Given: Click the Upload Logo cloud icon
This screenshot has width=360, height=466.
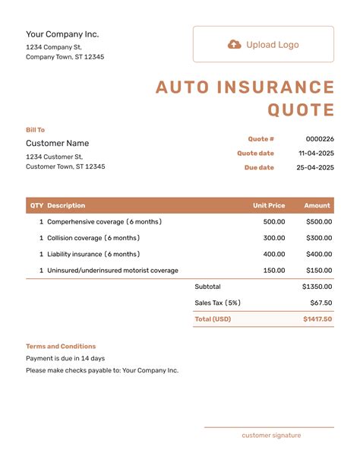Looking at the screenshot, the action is click(235, 45).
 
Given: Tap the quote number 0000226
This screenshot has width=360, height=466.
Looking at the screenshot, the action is click(320, 139).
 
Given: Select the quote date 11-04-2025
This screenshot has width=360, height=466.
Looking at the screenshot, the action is click(316, 154).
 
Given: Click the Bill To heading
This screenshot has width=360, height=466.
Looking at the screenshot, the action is click(36, 130).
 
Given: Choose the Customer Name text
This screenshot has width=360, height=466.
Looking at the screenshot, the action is click(58, 143).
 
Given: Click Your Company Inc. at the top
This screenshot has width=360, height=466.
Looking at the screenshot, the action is click(62, 34).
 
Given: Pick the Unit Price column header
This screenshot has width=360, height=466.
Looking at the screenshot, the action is click(269, 205).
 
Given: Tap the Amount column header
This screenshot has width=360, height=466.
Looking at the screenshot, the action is click(317, 205).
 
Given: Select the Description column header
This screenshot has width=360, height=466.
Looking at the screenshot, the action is click(66, 205).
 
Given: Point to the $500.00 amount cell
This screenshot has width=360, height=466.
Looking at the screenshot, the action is click(319, 222).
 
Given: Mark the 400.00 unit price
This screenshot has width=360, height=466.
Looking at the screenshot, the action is click(274, 254).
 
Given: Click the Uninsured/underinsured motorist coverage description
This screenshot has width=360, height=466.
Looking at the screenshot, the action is click(112, 270).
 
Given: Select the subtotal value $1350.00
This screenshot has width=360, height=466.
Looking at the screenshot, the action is click(317, 287).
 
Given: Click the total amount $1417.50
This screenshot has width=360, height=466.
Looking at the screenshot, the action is click(317, 319).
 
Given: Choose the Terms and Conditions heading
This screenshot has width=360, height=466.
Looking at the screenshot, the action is click(61, 346).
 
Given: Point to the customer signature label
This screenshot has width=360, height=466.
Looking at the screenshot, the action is click(271, 436).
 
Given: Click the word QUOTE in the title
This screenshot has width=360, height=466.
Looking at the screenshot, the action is click(301, 110).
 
